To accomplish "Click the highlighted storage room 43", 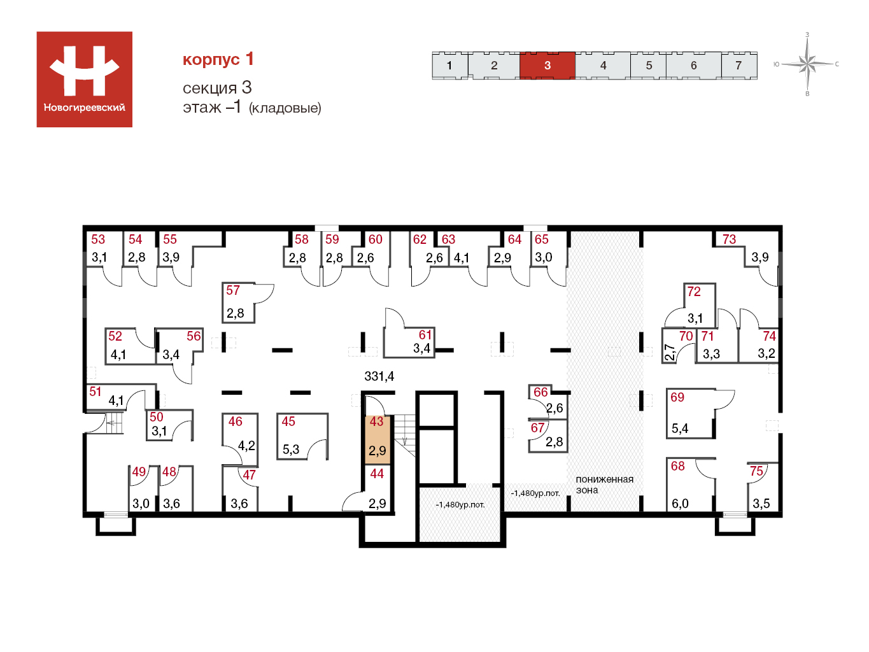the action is click(378, 439).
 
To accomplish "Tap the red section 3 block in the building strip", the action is click(547, 66).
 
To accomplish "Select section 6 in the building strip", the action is click(694, 66).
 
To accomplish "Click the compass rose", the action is click(807, 64).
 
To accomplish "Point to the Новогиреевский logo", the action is click(84, 79).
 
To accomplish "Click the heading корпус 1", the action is click(218, 59).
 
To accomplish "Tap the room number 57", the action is click(233, 290).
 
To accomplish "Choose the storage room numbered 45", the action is click(302, 436).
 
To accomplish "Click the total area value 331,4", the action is click(379, 376).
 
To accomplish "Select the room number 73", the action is click(729, 239).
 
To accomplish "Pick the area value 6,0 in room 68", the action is click(680, 504).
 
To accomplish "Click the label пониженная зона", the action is click(604, 485).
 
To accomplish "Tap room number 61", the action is click(425, 335).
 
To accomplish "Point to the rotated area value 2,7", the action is click(670, 352).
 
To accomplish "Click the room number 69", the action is click(677, 397).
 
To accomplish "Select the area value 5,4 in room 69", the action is click(679, 428).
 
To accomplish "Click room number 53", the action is click(98, 239).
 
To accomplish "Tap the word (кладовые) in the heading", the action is click(285, 108).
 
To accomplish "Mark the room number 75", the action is click(756, 471).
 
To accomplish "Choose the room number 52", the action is click(115, 336).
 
